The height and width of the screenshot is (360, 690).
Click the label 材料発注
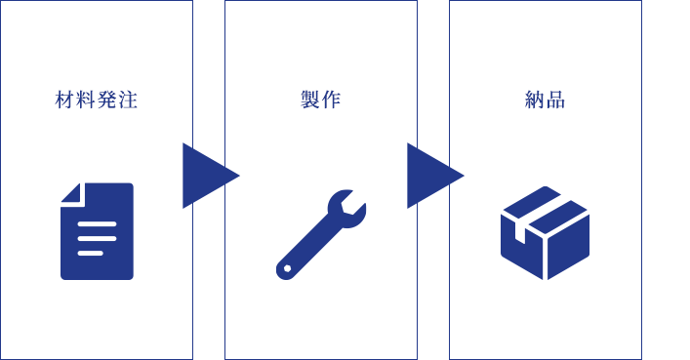tap(97, 100)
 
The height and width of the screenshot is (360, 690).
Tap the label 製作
tap(321, 100)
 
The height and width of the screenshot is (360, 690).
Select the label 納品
tap(546, 100)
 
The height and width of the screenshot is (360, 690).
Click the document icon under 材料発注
tap(97, 231)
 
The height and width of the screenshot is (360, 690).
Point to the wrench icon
tap(321, 234)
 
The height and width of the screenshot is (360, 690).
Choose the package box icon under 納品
tap(546, 233)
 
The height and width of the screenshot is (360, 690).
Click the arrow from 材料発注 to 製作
tap(211, 176)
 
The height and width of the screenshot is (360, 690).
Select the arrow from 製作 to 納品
tap(435, 176)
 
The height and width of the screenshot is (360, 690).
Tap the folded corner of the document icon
tap(71, 193)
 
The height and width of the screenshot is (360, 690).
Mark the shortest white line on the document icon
tap(90, 253)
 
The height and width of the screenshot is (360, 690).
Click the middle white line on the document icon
tap(97, 238)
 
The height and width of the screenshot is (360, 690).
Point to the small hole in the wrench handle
tap(287, 268)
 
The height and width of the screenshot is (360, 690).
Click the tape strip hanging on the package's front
tap(520, 232)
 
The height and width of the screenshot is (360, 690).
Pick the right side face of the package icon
tap(569, 247)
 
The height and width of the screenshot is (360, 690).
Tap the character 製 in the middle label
tap(310, 100)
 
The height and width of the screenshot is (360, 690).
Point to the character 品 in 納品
tap(555, 100)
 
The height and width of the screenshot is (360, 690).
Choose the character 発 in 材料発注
tap(107, 100)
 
